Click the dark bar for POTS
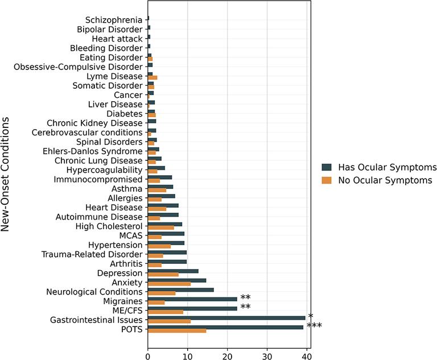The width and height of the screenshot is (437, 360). coord(225,327)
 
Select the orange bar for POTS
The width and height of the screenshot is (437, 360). coord(176,330)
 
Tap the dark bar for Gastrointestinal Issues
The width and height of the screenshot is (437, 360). coord(226,318)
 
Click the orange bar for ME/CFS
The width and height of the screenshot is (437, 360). coord(165,312)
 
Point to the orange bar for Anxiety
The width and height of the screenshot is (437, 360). coord(169,284)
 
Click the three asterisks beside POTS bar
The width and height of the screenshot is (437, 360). coord(315,326)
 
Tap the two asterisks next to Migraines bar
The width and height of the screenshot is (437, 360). coord(245,298)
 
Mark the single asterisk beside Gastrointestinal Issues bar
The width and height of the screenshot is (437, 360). coord(311,317)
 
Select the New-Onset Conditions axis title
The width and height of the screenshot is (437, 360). coord(7,175)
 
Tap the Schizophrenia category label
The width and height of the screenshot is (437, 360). coord(114,20)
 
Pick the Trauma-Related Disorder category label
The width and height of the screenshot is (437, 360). coord(92,254)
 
